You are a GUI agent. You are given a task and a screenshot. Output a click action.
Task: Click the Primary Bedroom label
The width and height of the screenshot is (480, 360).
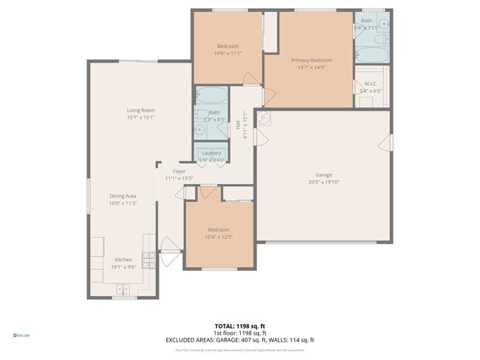[x=310, y=60]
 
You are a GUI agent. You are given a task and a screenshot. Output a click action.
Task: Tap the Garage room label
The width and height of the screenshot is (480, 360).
[x=323, y=175]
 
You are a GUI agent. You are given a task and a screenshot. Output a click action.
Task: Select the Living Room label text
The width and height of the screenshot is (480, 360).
[x=140, y=110]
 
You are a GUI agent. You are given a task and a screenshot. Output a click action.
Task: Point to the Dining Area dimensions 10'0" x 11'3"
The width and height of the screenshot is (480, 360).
[x=123, y=204]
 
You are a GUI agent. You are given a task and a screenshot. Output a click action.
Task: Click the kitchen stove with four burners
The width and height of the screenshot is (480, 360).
[x=148, y=260]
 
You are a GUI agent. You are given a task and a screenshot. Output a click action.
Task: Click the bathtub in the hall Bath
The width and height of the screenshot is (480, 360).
[x=213, y=95]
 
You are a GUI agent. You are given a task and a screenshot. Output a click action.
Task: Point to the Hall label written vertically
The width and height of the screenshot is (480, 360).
[x=239, y=126]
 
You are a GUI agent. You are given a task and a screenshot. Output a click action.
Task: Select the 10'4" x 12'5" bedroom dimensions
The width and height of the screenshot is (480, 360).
[x=219, y=237]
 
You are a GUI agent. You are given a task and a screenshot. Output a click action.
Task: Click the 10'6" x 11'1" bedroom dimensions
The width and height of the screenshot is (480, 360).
[x=227, y=53]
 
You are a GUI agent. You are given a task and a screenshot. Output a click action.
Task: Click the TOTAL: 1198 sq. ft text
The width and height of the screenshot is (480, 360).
[x=240, y=325]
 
